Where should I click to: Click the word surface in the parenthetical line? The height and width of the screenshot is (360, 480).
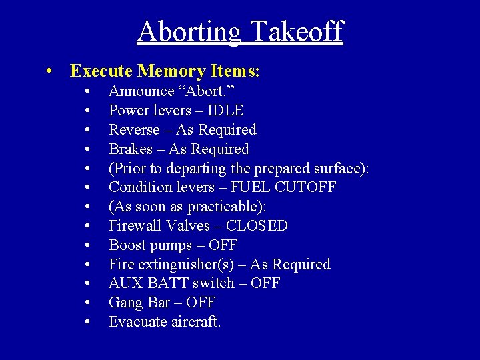[x=337, y=168]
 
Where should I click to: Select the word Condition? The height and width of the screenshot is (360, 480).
[x=139, y=187]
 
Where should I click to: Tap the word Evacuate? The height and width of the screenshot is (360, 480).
[x=136, y=322]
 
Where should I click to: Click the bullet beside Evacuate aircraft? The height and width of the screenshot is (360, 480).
[x=89, y=323]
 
